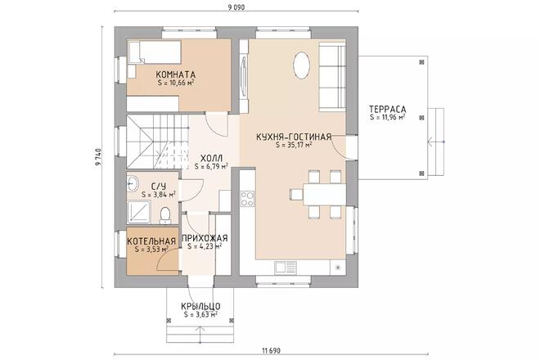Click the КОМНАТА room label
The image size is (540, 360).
(176, 74)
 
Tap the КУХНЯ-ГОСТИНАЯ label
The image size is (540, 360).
(294, 137)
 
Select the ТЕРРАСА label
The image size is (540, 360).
(388, 109)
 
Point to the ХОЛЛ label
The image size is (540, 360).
(211, 159)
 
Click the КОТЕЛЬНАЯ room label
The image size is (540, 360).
(151, 241)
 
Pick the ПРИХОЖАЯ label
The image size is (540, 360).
(205, 238)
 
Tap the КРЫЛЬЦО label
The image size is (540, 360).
(200, 306)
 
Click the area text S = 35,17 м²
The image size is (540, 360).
(294, 145)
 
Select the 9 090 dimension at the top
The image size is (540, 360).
(236, 7)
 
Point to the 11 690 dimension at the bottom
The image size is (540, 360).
(272, 351)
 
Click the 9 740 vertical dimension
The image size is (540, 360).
(98, 157)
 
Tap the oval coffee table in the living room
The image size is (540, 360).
(301, 65)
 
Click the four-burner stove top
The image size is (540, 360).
(247, 199)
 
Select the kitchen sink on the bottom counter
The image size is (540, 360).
(286, 267)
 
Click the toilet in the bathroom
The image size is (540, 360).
(165, 214)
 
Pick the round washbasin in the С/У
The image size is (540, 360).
(133, 183)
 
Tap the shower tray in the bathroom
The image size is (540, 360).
(139, 212)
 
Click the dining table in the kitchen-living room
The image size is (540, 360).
(325, 194)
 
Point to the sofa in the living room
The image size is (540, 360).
(332, 76)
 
